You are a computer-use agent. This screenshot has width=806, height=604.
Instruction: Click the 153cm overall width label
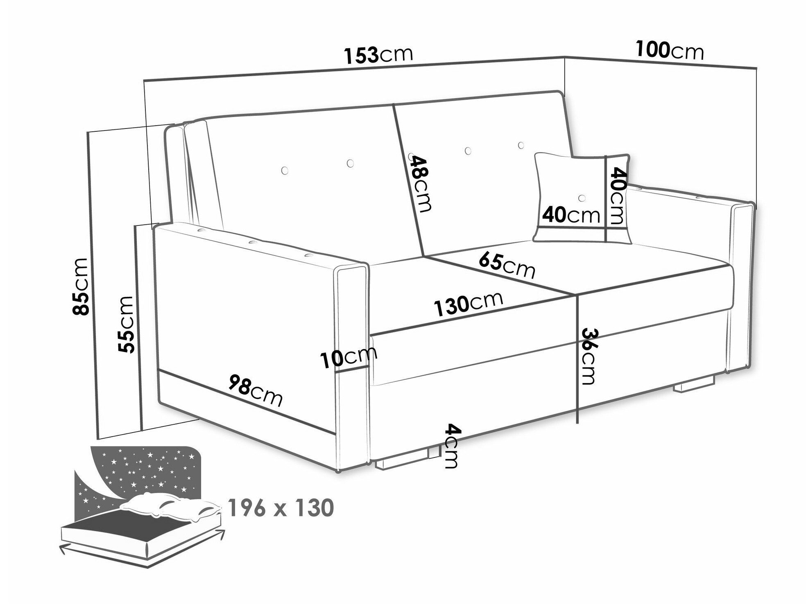(378, 55)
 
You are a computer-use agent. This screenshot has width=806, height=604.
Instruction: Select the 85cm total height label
(80, 286)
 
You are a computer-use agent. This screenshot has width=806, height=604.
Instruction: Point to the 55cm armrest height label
(125, 324)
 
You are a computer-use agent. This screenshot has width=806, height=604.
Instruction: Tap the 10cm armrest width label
(349, 358)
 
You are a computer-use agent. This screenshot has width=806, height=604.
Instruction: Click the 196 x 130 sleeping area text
(281, 508)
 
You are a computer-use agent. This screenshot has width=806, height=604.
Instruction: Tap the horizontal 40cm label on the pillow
(571, 214)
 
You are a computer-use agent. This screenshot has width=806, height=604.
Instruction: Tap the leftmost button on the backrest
(285, 169)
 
